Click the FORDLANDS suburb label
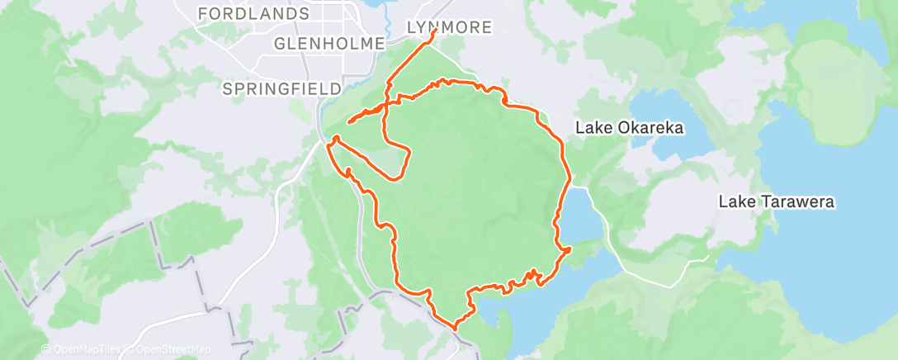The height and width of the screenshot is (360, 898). click(253, 14)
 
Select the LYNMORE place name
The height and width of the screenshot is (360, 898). click(450, 28)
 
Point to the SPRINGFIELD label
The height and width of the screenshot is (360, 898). click(282, 88)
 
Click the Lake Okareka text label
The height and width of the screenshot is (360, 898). click(630, 128)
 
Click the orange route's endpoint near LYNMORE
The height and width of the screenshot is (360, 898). click(435, 31)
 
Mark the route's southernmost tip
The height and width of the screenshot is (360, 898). click(453, 328)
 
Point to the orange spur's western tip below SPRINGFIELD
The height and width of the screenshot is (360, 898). click(349, 123)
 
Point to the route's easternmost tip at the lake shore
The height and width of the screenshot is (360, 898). click(570, 249)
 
